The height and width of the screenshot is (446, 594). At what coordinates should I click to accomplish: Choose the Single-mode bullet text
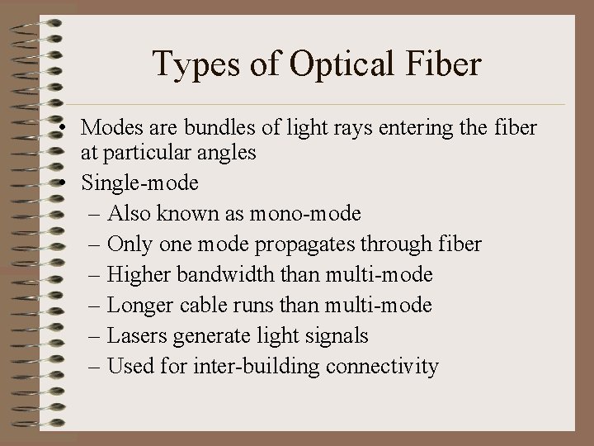click(x=139, y=183)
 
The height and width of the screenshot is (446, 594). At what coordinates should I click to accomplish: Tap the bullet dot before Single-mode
click(x=64, y=183)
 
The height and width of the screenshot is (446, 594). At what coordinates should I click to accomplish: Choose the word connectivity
click(x=383, y=366)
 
